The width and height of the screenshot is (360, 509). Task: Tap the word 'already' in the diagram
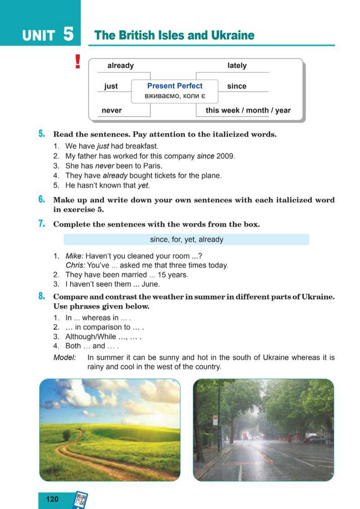click(x=120, y=66)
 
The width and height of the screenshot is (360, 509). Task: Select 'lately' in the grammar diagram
click(x=237, y=66)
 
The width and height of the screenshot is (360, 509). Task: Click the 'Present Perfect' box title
click(x=175, y=86)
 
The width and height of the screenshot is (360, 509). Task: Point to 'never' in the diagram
click(x=111, y=110)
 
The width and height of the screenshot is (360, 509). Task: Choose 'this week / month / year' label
click(x=248, y=110)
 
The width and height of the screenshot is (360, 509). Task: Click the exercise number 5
click(x=41, y=134)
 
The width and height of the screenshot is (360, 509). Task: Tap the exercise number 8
click(x=41, y=297)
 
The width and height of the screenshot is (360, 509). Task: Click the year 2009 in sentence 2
click(x=226, y=156)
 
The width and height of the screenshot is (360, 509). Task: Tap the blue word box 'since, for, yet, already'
click(x=186, y=240)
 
